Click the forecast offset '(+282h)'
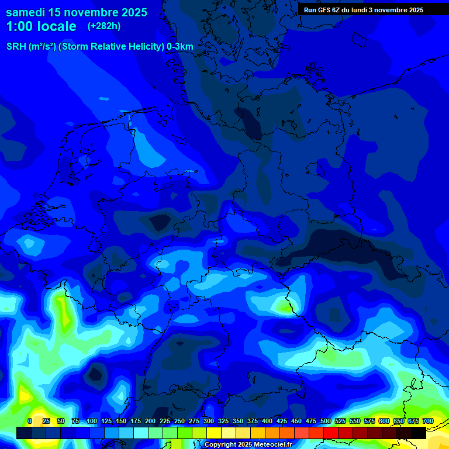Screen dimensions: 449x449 pos(104,26)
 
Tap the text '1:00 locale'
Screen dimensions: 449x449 pos(41,26)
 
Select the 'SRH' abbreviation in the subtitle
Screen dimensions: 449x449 pos(16,47)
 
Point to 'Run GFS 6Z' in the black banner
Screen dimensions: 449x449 pos(322,10)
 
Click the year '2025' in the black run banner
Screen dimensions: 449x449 pos(413,10)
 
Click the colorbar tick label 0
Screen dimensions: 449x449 pos(30,421)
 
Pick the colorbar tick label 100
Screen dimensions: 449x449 pos(92,421)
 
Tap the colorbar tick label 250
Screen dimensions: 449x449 pos(179,421)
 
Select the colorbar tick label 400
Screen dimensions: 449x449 pos(267,421)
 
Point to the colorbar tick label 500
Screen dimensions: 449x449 pos(326,421)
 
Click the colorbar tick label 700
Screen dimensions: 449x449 pos(427,421)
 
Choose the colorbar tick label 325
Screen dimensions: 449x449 pos(223,421)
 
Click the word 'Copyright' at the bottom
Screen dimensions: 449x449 pos(222,445)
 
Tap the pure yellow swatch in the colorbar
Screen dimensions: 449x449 pos(214,433)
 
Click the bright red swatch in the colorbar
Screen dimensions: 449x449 pos(331,433)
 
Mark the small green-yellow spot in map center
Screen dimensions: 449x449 pos(284,306)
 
